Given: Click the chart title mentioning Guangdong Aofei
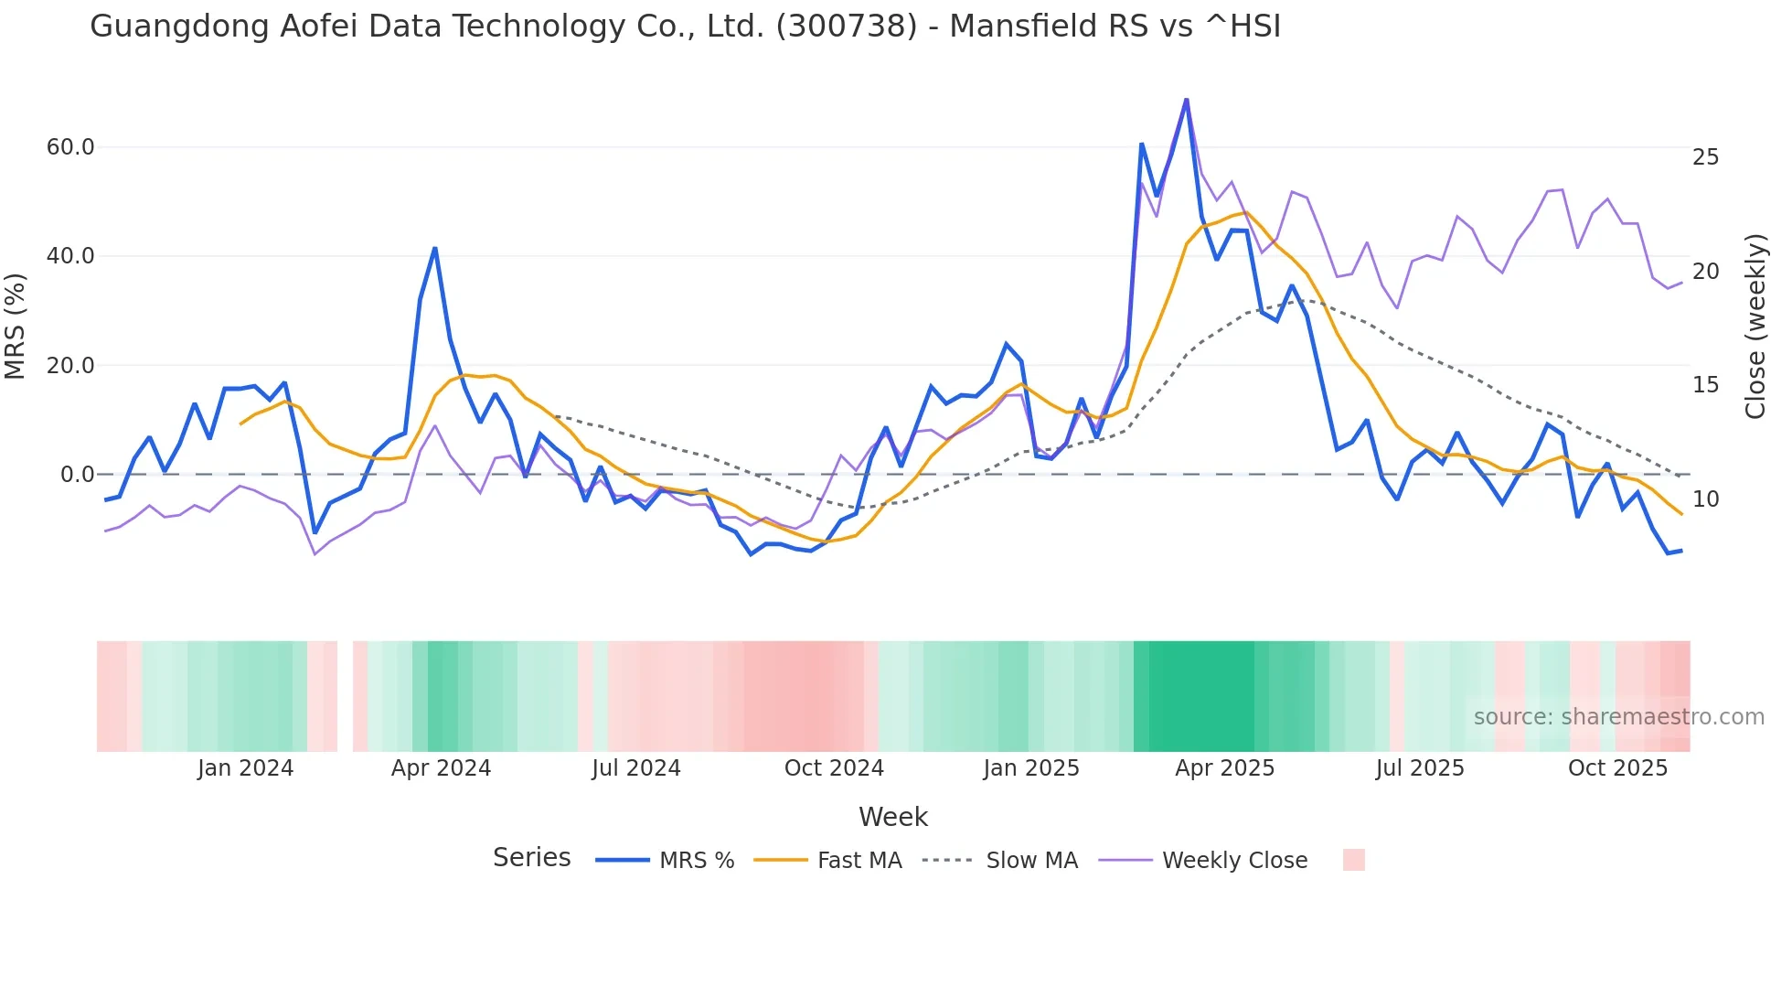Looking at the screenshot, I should [685, 27].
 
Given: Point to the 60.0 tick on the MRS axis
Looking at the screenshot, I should [70, 147].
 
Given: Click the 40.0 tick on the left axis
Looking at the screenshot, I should [70, 256].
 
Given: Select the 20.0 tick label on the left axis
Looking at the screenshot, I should [70, 366].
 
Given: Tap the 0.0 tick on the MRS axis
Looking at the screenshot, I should [77, 475].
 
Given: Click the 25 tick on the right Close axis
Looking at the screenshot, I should [1705, 157].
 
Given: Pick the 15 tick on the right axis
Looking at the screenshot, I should [1705, 385].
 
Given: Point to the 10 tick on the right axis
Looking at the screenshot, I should [1705, 499].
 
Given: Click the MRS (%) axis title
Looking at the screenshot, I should [15, 326].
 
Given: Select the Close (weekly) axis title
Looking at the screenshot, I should [1755, 327].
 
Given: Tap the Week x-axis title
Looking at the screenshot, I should [892, 817].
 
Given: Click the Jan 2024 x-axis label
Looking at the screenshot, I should [245, 768].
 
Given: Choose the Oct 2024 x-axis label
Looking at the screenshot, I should [834, 768].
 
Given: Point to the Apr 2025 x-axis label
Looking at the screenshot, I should [1224, 768].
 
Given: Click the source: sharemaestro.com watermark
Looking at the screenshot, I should [1618, 717].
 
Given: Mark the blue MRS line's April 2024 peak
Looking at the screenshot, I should [435, 248].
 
